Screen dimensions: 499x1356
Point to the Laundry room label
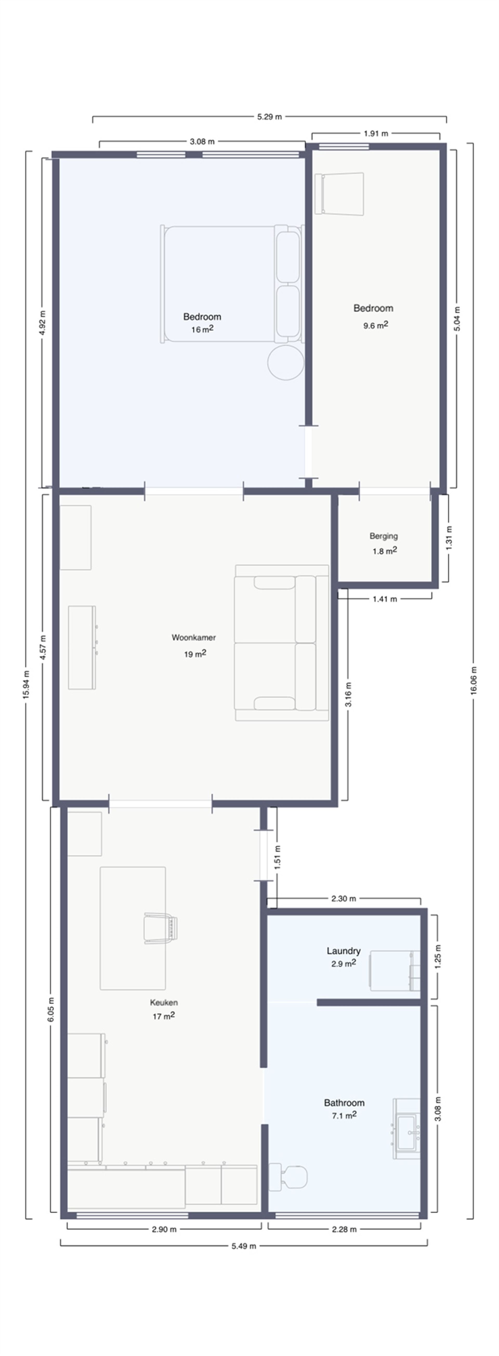click(343, 951)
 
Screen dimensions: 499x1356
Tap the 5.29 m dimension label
click(269, 117)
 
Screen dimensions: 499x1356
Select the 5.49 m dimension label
click(244, 1246)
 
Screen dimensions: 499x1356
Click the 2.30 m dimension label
click(343, 899)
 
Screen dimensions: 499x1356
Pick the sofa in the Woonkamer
click(282, 643)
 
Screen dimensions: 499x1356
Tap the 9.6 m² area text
click(376, 325)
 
